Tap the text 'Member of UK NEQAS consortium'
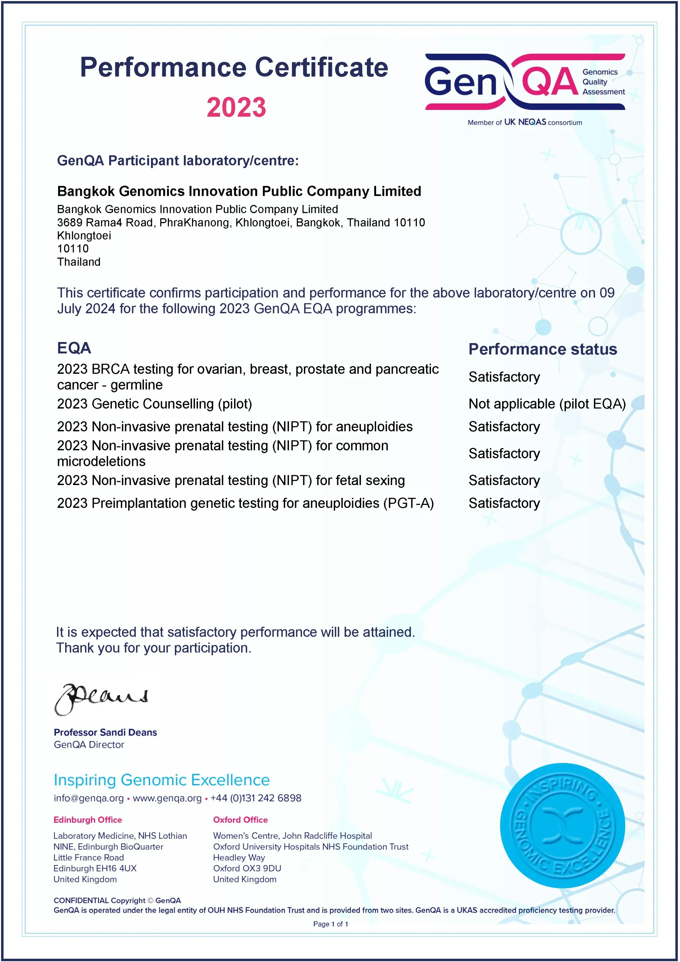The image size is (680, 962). [525, 123]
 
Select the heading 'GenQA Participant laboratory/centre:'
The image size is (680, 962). [178, 160]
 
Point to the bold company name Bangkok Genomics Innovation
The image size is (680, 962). [239, 191]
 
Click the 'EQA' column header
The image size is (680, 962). [74, 348]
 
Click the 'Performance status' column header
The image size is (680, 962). [543, 349]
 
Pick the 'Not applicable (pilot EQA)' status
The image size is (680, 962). [547, 404]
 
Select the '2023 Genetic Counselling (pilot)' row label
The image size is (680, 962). [154, 404]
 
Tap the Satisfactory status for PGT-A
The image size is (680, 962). [504, 503]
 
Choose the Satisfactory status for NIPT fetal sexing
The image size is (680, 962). [504, 480]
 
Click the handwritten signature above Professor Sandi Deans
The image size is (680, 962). [101, 699]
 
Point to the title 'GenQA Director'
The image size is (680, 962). [89, 745]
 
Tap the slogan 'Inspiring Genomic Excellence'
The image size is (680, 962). [161, 780]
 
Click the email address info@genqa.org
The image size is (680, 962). [89, 798]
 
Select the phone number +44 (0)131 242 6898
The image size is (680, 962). [256, 798]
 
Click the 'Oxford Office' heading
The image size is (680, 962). [240, 820]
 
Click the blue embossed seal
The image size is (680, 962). [562, 825]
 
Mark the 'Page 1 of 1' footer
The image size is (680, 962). [330, 924]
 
